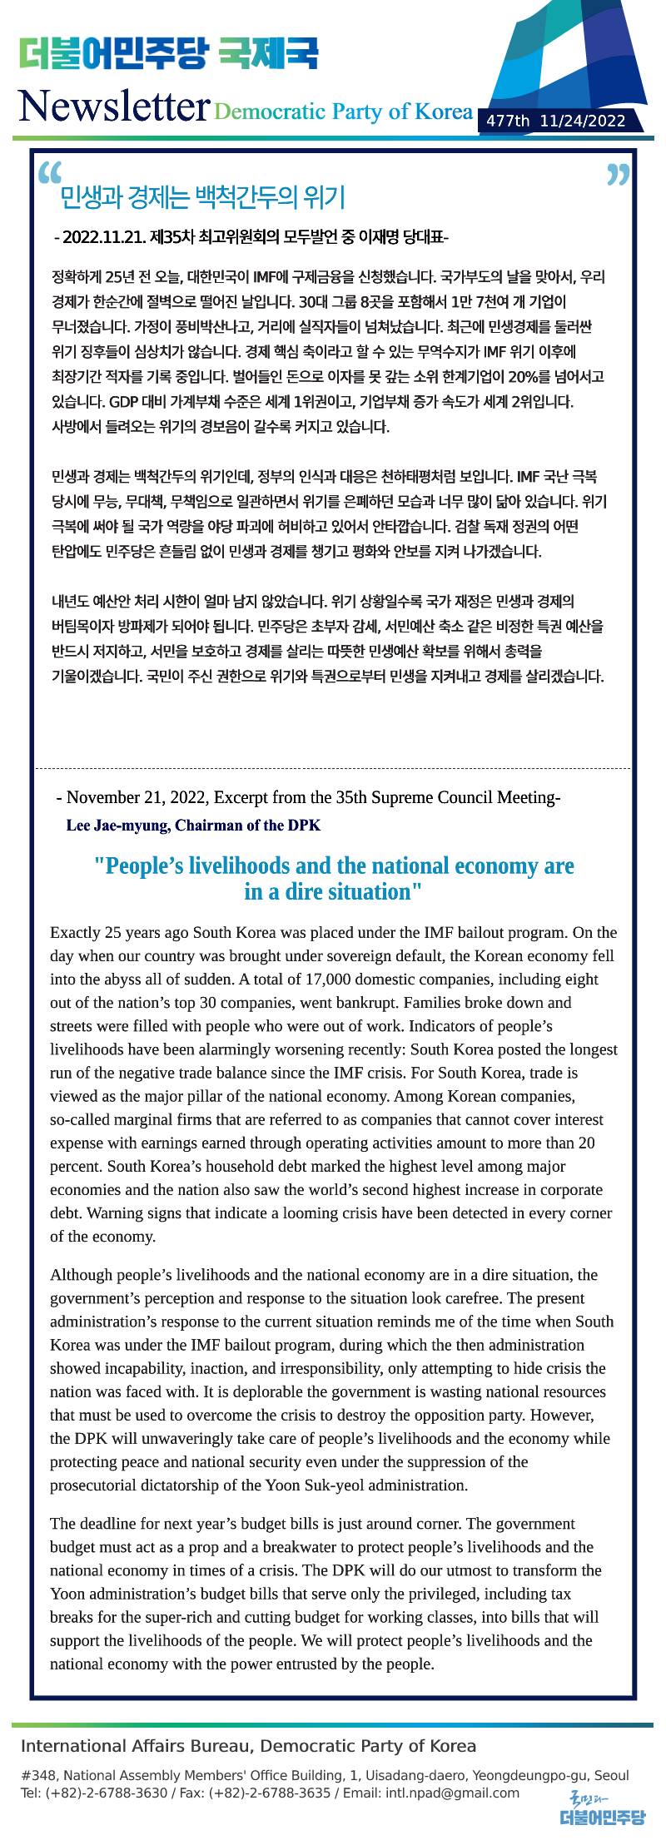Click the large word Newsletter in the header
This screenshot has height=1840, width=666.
(113, 107)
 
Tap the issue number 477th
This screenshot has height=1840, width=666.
(508, 122)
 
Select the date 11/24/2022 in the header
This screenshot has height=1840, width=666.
(582, 122)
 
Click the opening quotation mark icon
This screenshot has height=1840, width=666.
(50, 172)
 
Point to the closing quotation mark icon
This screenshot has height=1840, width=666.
(618, 175)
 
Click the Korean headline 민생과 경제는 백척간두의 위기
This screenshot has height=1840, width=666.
(202, 198)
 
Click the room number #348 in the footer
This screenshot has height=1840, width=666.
(38, 1775)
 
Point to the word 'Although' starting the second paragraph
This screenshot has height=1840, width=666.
(77, 1275)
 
